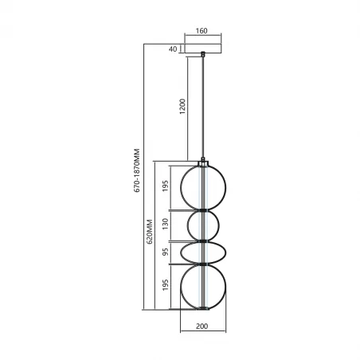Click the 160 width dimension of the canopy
[x=202, y=31]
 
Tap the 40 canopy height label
[x=172, y=49]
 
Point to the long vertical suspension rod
[x=204, y=104]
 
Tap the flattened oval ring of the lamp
[x=183, y=252]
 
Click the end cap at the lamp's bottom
[x=204, y=311]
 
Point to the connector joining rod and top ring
[x=204, y=159]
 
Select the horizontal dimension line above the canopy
[x=202, y=37]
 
